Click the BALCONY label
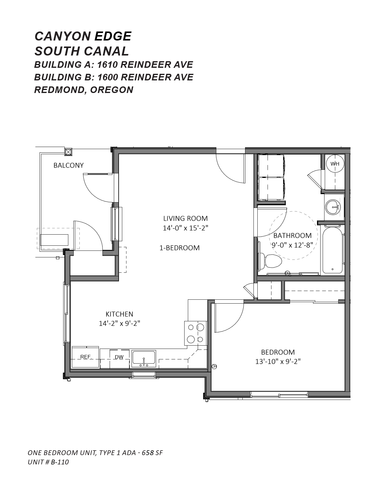(69, 165)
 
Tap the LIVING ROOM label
(185, 218)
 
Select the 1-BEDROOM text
(179, 248)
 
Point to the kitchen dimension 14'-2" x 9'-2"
(119, 323)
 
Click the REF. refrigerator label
(86, 357)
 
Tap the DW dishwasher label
(119, 357)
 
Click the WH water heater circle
(335, 163)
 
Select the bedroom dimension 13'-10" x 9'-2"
(278, 362)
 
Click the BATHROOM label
(292, 235)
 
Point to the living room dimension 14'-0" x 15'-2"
(185, 228)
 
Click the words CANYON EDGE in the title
(83, 36)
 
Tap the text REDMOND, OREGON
(84, 90)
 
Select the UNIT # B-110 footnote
(48, 462)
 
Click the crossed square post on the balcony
(69, 152)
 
